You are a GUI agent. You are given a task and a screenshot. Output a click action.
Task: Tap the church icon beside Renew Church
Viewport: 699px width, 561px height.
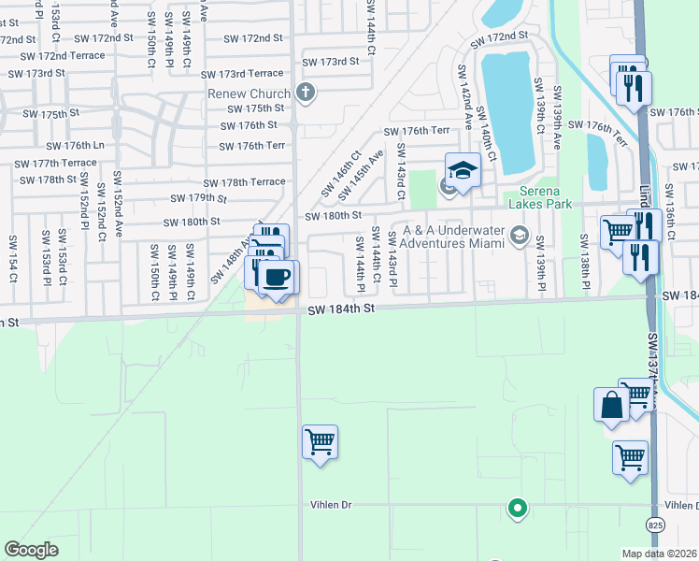[305, 92]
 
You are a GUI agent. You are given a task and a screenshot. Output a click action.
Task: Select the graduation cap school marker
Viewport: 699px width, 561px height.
[462, 170]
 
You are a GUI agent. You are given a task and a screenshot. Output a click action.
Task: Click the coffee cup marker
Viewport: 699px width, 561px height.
[277, 277]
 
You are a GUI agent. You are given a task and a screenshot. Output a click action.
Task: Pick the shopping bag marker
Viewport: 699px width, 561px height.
[612, 405]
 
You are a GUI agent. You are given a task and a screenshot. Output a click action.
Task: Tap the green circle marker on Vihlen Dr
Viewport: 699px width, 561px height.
[516, 509]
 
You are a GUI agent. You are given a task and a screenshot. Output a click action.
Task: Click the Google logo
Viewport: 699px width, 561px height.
[32, 550]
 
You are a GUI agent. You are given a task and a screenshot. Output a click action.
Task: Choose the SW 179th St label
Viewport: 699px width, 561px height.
[198, 198]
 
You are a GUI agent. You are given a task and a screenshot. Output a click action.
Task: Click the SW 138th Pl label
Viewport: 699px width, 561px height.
[586, 266]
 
